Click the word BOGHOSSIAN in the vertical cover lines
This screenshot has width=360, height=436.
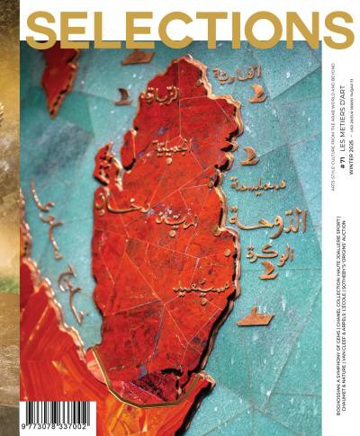coord(337,396)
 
